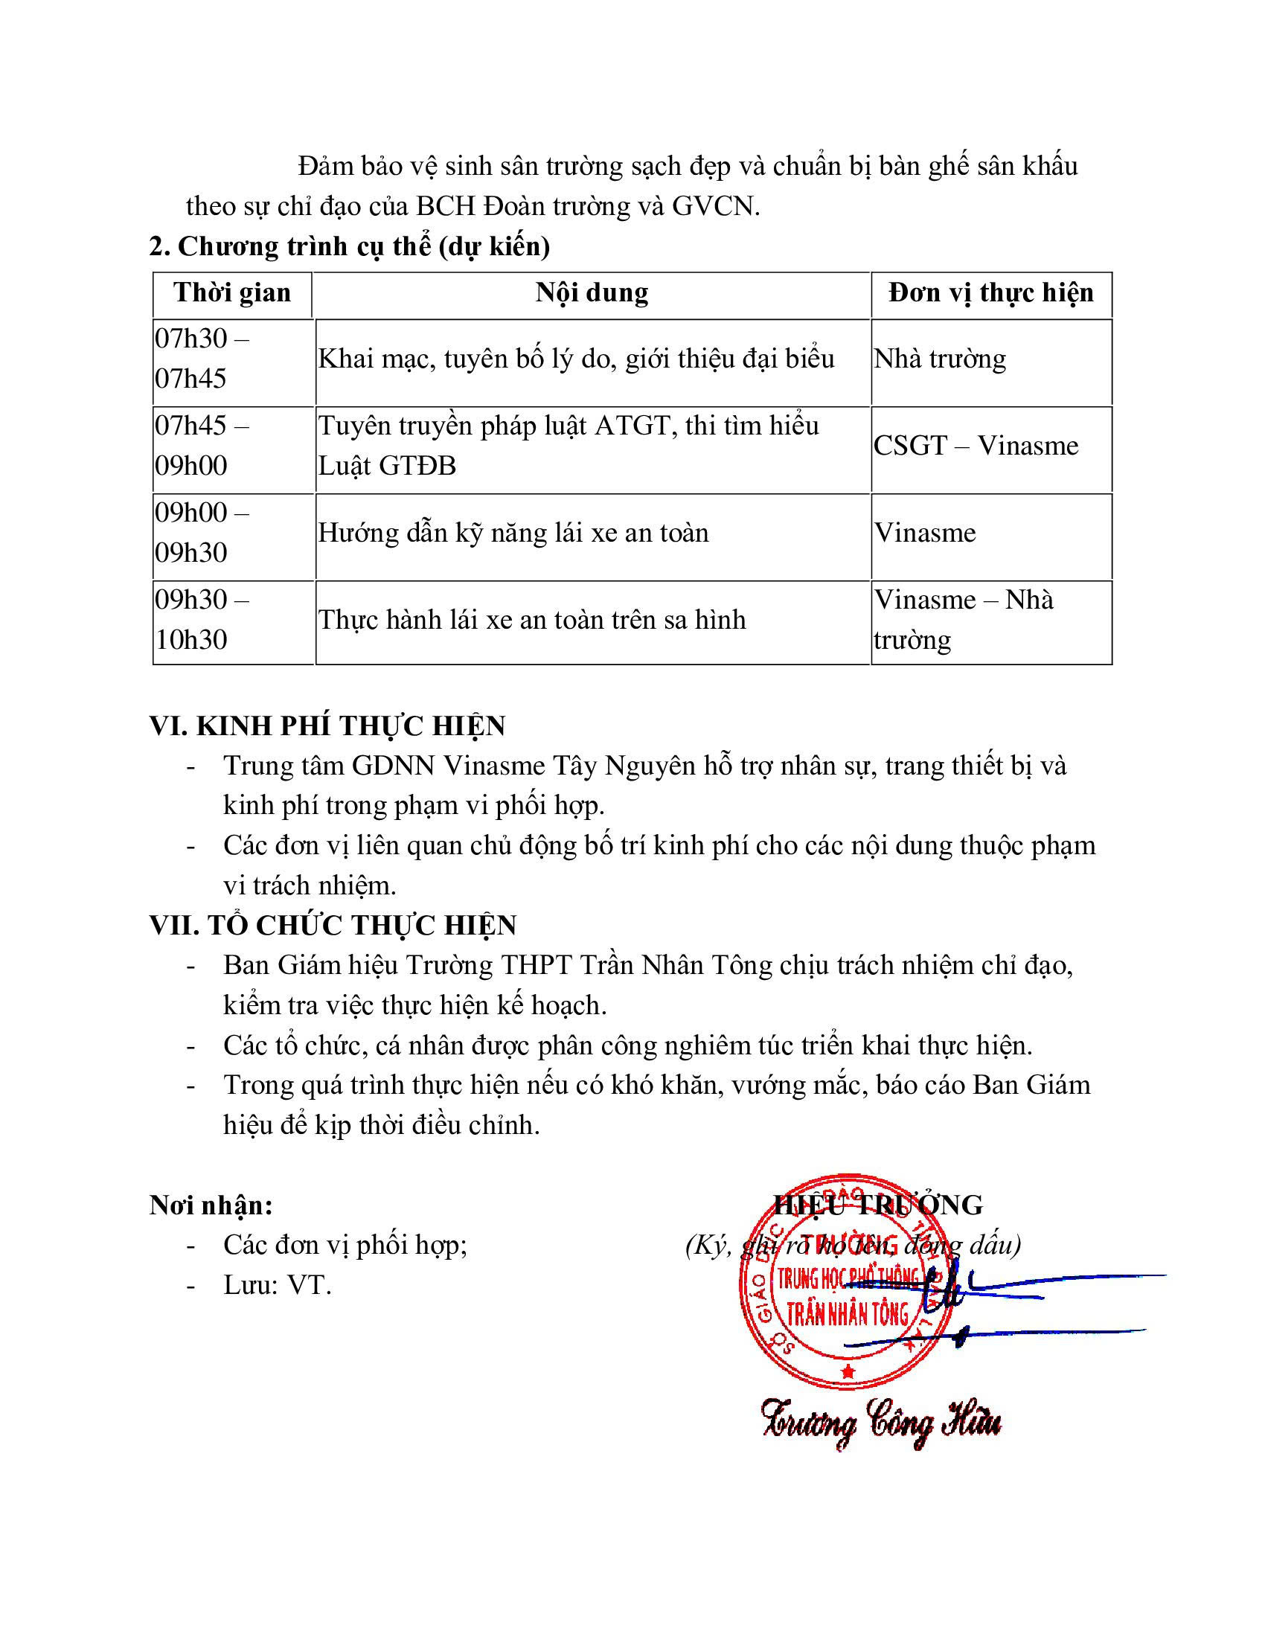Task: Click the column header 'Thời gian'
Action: [x=232, y=292]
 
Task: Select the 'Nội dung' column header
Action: [x=592, y=292]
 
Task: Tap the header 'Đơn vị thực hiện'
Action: [x=990, y=292]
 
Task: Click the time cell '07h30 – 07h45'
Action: [x=202, y=359]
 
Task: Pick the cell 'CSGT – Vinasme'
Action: [x=976, y=446]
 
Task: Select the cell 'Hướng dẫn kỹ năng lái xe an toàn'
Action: [x=513, y=533]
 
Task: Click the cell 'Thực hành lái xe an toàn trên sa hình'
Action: [x=532, y=620]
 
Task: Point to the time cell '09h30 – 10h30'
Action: [x=202, y=619]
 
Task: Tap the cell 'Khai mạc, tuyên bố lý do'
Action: [x=575, y=359]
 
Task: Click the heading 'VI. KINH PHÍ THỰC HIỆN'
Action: [x=327, y=725]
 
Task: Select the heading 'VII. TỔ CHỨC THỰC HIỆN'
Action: [x=333, y=925]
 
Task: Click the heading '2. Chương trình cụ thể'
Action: [x=349, y=246]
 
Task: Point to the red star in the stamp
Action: [x=848, y=1371]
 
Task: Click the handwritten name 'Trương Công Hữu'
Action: [x=881, y=1422]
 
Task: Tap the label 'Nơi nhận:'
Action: [x=211, y=1205]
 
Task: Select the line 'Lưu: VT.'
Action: [x=278, y=1286]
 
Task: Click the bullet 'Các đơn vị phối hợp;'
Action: [x=345, y=1245]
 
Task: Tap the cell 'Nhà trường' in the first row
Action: [x=940, y=359]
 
